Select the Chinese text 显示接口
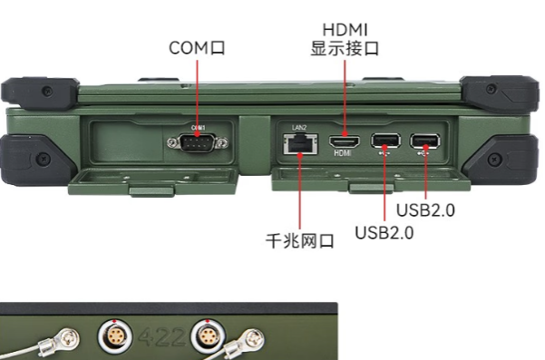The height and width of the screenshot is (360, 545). [345, 48]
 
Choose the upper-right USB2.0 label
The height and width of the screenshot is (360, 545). [425, 210]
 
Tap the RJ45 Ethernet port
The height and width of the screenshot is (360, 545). [296, 142]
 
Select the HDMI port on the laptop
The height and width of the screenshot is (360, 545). [343, 141]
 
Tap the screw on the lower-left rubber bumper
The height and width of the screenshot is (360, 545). [42, 160]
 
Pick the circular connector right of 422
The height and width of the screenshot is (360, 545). [206, 341]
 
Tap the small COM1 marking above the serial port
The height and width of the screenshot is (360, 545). [198, 127]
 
